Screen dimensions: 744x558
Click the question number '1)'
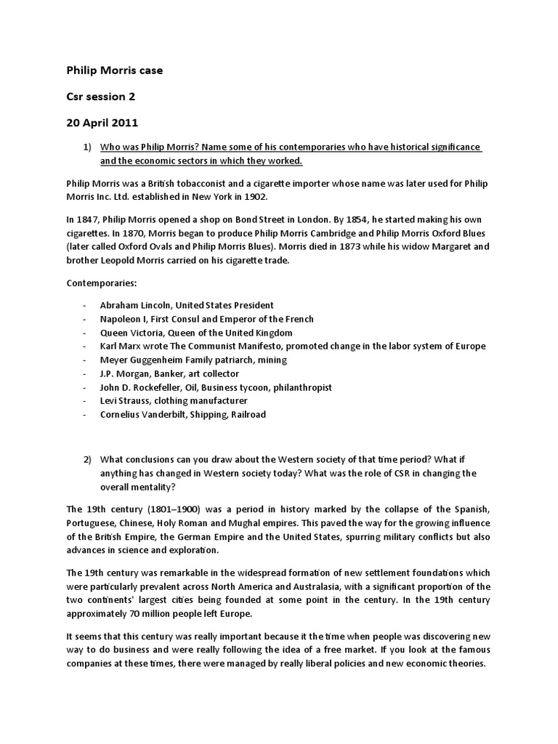click(87, 147)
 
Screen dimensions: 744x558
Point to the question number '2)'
click(87, 460)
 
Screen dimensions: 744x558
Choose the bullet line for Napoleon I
click(207, 319)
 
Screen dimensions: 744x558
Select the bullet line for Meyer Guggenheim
click(193, 360)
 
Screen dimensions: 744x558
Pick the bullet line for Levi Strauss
click(174, 401)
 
